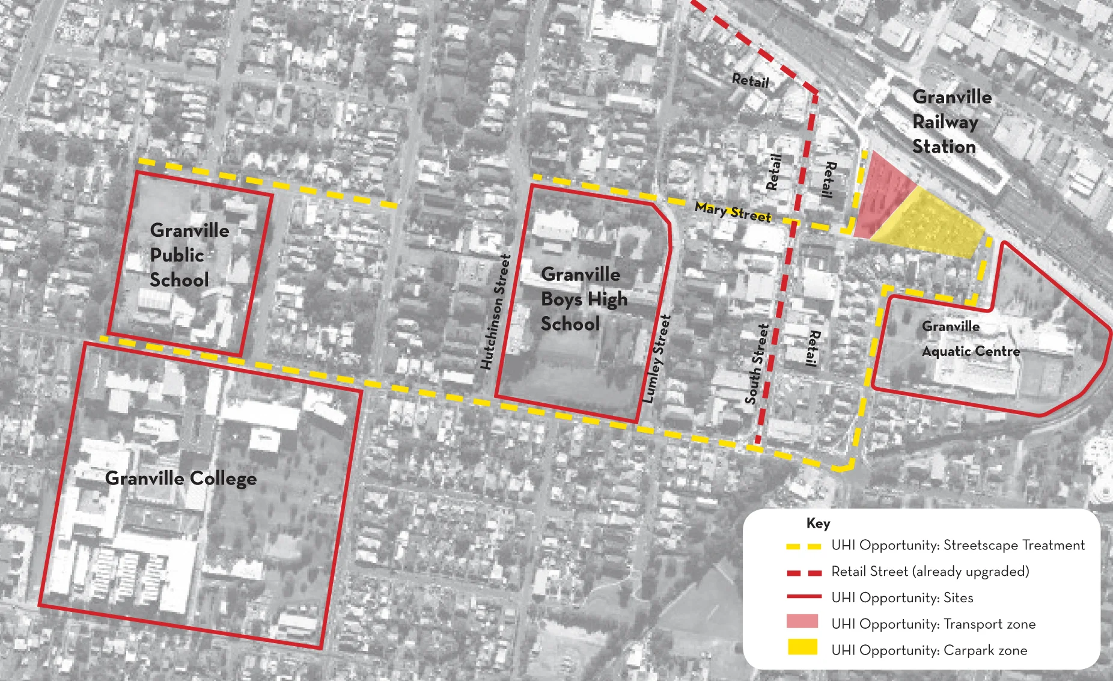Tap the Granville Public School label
[189, 255]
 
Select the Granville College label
[181, 478]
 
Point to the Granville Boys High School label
[583, 299]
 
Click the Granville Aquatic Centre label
[970, 339]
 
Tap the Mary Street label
[733, 212]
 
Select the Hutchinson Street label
[495, 312]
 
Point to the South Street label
[757, 364]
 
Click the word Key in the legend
[818, 524]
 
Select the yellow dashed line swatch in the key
[803, 546]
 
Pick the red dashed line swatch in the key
[803, 573]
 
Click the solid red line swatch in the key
[803, 597]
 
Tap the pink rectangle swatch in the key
[802, 621]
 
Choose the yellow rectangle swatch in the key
[802, 647]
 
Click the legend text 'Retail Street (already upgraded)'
[930, 572]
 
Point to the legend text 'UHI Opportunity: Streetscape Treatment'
[958, 545]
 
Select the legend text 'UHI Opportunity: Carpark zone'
[929, 650]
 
